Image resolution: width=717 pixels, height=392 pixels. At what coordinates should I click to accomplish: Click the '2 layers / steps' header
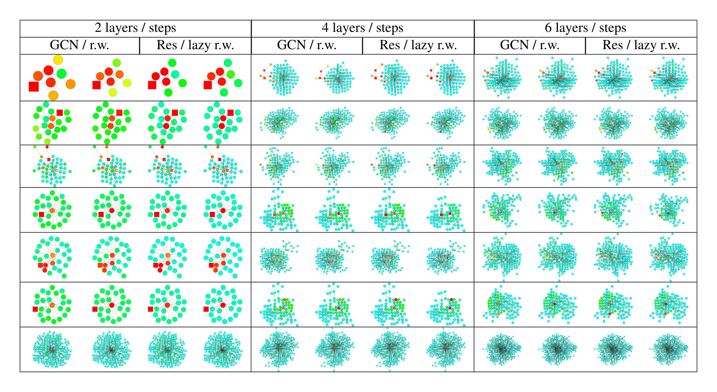(x=135, y=28)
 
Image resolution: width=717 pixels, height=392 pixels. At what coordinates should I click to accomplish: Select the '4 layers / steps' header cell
(x=362, y=28)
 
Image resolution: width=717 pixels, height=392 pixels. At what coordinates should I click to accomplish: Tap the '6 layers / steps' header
(x=585, y=28)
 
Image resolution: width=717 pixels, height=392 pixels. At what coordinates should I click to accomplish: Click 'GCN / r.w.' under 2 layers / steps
(x=79, y=46)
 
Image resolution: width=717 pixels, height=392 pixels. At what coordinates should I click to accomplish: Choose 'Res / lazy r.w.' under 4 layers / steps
(x=418, y=46)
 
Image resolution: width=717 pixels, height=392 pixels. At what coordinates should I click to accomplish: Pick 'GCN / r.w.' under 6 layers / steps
(x=529, y=46)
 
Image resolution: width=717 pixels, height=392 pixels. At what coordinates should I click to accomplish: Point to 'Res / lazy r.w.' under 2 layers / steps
(x=195, y=46)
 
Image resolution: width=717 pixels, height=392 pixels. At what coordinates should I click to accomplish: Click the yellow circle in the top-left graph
(x=58, y=60)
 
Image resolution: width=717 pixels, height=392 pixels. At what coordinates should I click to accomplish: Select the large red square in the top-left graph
(x=34, y=86)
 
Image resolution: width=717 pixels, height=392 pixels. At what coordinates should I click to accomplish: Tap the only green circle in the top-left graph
(x=61, y=73)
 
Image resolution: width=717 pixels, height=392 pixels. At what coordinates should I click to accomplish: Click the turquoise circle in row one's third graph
(x=175, y=74)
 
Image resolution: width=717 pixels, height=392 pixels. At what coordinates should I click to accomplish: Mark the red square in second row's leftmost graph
(x=60, y=113)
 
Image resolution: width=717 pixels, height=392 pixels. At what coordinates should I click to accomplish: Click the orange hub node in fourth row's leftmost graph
(x=52, y=211)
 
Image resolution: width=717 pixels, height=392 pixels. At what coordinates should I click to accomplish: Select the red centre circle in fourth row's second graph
(x=112, y=211)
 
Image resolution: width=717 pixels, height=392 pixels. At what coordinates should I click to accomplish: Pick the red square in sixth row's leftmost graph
(x=35, y=309)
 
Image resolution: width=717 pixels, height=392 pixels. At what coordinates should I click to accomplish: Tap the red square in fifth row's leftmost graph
(x=41, y=265)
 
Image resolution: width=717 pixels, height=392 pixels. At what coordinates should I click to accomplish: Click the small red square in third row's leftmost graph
(x=49, y=159)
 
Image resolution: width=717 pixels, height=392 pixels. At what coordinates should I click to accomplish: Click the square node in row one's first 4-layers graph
(x=264, y=78)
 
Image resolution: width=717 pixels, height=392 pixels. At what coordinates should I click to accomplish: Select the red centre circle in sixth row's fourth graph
(x=223, y=305)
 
